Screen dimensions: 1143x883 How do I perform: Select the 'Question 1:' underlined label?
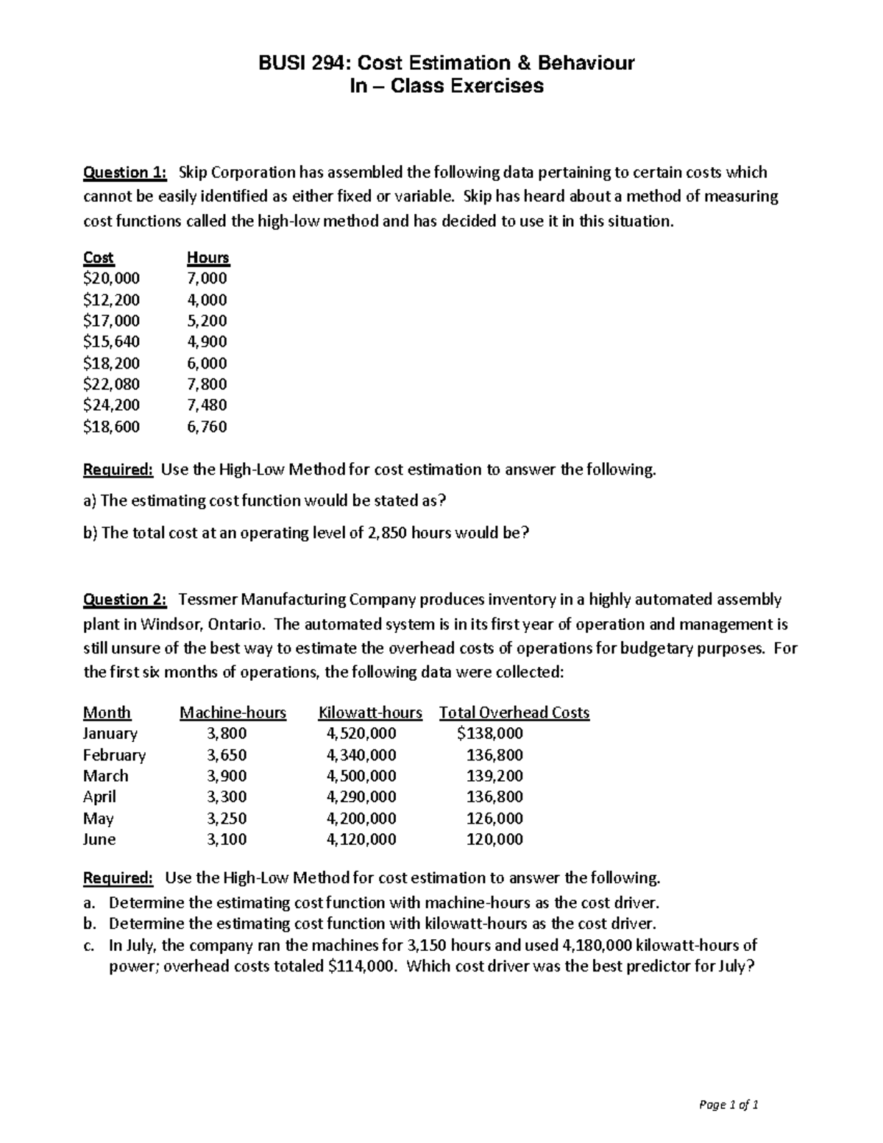click(125, 172)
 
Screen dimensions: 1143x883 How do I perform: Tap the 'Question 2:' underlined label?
click(125, 599)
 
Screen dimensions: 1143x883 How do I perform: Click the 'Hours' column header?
click(208, 258)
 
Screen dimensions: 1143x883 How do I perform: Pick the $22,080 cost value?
click(111, 383)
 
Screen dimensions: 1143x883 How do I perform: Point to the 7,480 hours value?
click(207, 405)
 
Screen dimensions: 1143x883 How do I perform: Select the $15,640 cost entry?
click(111, 342)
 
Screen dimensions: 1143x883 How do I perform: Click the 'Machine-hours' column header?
click(233, 712)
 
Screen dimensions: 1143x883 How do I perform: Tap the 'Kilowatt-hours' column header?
click(370, 712)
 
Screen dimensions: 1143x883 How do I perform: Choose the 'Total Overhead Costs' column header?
click(514, 712)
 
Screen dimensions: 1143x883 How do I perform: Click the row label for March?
click(105, 776)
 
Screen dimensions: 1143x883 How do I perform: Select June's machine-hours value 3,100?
click(227, 839)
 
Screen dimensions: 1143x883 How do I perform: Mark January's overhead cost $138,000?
click(489, 733)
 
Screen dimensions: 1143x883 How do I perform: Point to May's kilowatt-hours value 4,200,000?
click(361, 818)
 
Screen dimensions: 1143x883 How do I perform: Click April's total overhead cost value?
click(494, 796)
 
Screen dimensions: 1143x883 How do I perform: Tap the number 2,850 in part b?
click(383, 533)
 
